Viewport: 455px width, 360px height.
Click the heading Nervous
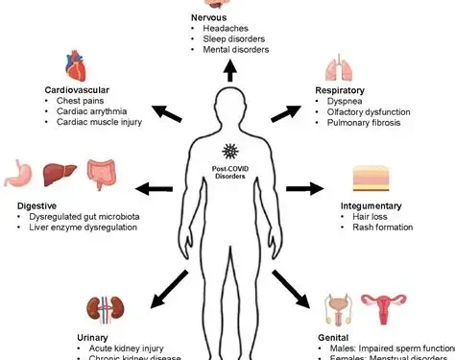211,17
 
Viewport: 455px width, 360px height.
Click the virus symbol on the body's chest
228,151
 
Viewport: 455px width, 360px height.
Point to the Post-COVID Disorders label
228,172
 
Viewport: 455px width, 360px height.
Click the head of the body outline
229,104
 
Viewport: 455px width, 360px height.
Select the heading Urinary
95,337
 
